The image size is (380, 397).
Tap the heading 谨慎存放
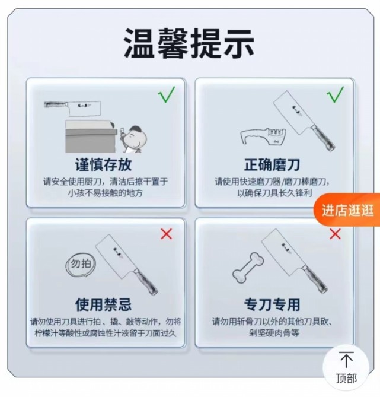tap(104, 164)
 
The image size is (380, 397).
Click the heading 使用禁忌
tap(104, 304)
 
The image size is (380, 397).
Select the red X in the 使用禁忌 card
tap(166, 233)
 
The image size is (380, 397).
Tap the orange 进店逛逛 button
tap(348, 210)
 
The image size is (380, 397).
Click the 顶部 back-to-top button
tap(346, 366)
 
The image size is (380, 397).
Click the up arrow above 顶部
tap(346, 360)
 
